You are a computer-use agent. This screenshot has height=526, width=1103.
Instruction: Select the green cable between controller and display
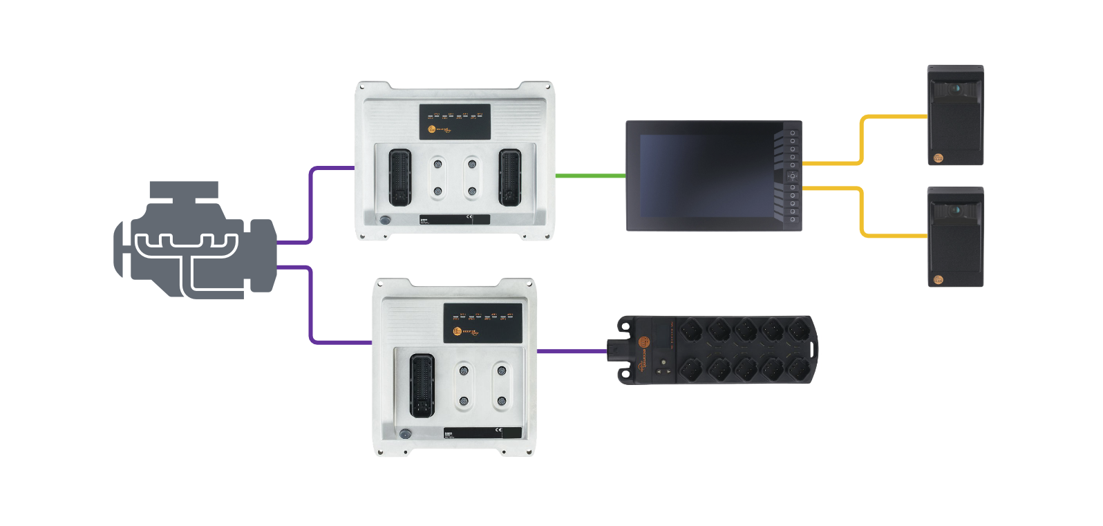point(591,176)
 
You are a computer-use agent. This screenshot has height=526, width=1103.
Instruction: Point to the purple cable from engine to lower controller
point(312,304)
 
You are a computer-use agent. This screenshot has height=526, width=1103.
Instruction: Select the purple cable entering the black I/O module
point(571,351)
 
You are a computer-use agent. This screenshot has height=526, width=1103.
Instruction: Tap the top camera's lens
point(956,88)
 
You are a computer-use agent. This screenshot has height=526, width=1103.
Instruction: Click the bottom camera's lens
point(956,209)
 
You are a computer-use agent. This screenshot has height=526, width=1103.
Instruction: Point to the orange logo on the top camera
point(939,158)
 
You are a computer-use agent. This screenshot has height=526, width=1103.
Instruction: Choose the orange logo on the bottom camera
point(939,279)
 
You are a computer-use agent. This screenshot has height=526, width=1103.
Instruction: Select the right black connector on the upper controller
point(511,177)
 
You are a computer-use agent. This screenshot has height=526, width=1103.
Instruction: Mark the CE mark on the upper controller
point(469,218)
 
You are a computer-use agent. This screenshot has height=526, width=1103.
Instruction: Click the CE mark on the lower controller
point(500,432)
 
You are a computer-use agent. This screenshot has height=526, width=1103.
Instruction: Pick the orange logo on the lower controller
point(458,335)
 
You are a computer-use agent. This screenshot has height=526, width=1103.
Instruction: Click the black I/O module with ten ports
point(719,349)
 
